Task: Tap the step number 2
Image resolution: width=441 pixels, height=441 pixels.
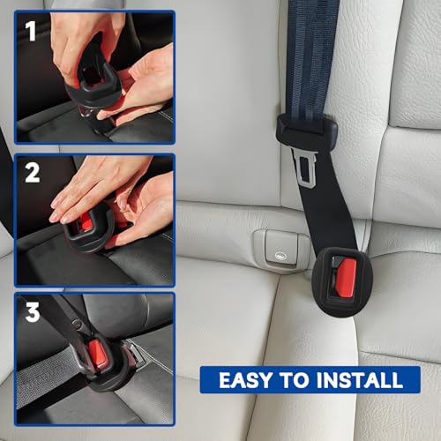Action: (33, 173)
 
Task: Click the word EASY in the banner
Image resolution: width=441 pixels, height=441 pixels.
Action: (243, 381)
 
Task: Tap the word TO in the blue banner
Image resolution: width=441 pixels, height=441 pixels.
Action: (295, 381)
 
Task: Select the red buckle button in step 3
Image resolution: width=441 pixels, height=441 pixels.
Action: (100, 356)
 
